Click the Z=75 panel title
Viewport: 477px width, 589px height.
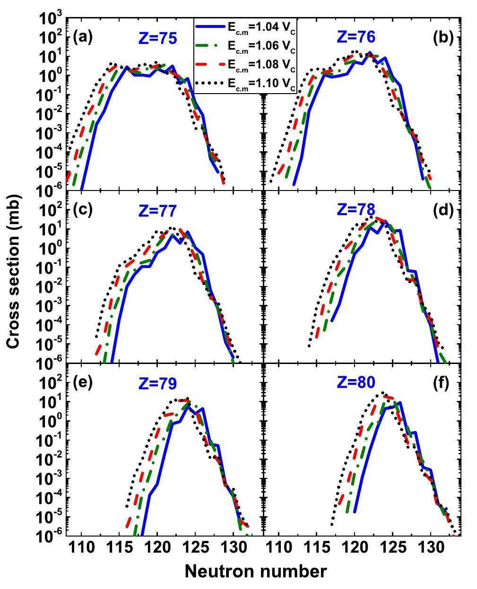click(158, 39)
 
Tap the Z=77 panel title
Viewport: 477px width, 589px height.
click(158, 211)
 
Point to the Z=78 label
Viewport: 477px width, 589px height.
click(356, 209)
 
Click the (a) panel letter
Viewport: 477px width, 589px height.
click(82, 37)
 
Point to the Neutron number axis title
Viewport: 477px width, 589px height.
click(255, 571)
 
